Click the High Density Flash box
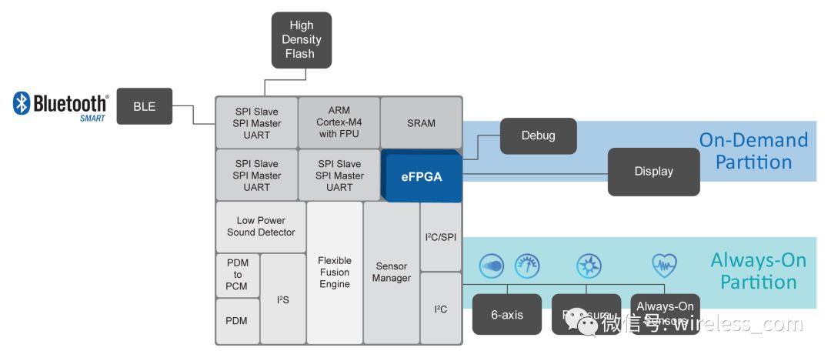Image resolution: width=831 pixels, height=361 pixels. point(301,40)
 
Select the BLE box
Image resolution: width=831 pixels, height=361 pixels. point(144,106)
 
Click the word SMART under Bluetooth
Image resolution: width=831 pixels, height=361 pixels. point(92,119)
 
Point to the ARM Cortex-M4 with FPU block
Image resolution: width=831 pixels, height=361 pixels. point(339,123)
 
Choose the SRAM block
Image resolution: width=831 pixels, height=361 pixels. point(421,123)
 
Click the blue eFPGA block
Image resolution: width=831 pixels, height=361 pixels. point(421,176)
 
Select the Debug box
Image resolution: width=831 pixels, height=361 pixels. point(538,136)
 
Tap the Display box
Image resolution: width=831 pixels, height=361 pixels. point(654,172)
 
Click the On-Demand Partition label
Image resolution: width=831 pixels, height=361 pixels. point(753,151)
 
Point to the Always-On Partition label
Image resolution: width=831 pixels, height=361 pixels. point(758,271)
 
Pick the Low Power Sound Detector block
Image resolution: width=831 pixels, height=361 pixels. point(261,226)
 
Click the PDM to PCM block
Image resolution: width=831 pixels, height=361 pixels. point(237,275)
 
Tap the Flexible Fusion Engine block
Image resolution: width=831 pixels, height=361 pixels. point(334,272)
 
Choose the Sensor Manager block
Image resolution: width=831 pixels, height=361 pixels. point(391,272)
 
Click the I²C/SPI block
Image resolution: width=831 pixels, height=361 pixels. point(440,237)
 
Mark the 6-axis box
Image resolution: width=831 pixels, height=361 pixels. point(507,315)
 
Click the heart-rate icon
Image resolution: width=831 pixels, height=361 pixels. point(663,266)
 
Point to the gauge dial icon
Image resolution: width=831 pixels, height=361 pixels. point(528,266)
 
